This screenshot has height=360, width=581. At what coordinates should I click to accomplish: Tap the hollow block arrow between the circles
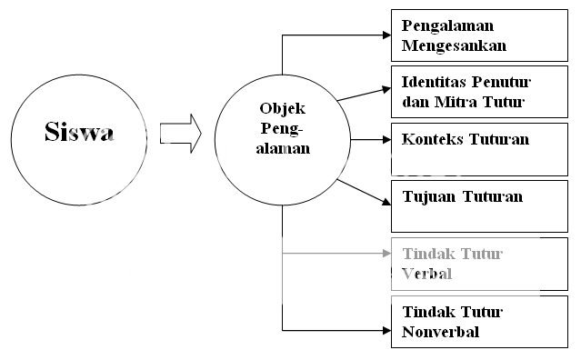click(179, 133)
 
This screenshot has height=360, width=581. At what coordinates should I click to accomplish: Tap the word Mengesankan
click(454, 44)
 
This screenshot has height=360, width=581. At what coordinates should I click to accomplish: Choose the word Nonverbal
click(440, 331)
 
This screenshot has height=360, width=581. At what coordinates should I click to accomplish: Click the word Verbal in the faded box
click(426, 273)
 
